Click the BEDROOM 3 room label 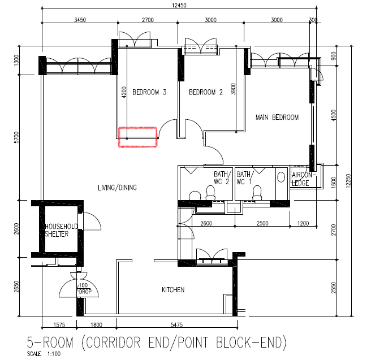149,92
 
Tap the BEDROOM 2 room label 206,92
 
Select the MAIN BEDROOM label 277,117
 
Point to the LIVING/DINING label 118,188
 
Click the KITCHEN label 173,290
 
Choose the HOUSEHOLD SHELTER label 61,230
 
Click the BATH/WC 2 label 222,178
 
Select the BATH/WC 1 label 245,178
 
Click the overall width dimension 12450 179,5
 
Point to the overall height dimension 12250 348,181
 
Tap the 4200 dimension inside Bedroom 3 124,92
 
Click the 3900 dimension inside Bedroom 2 233,89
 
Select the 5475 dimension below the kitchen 177,325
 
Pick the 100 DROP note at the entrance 84,289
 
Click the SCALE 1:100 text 44,354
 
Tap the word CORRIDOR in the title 111,342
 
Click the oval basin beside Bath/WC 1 281,177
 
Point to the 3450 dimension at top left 80,20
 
